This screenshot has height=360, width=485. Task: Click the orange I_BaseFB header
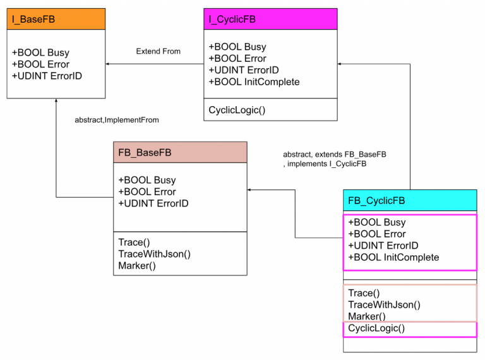pyautogui.click(x=56, y=19)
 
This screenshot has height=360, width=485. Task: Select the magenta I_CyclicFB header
pyautogui.click(x=270, y=19)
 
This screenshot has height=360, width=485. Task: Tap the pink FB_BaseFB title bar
pyautogui.click(x=180, y=152)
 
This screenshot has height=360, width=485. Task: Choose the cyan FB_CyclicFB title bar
pyautogui.click(x=410, y=201)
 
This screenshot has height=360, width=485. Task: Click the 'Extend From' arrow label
pyautogui.click(x=158, y=51)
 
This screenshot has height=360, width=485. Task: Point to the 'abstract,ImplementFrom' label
pyautogui.click(x=117, y=119)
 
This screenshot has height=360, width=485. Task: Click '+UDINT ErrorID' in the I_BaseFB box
pyautogui.click(x=47, y=76)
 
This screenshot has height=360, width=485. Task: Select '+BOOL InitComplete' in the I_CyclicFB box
pyautogui.click(x=254, y=81)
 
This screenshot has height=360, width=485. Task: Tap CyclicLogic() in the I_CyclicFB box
pyautogui.click(x=237, y=110)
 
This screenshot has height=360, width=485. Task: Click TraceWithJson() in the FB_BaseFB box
pyautogui.click(x=154, y=254)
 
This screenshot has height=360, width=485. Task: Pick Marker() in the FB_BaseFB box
pyautogui.click(x=137, y=265)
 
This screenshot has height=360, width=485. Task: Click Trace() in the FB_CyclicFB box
pyautogui.click(x=364, y=293)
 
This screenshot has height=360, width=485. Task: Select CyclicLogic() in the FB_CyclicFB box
pyautogui.click(x=376, y=328)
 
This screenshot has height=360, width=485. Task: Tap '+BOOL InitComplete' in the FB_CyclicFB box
pyautogui.click(x=393, y=257)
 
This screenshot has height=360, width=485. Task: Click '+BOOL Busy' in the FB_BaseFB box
pyautogui.click(x=147, y=180)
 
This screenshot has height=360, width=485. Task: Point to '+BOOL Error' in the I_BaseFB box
pyautogui.click(x=40, y=64)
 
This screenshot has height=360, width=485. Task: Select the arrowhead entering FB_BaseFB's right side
pyautogui.click(x=250, y=189)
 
